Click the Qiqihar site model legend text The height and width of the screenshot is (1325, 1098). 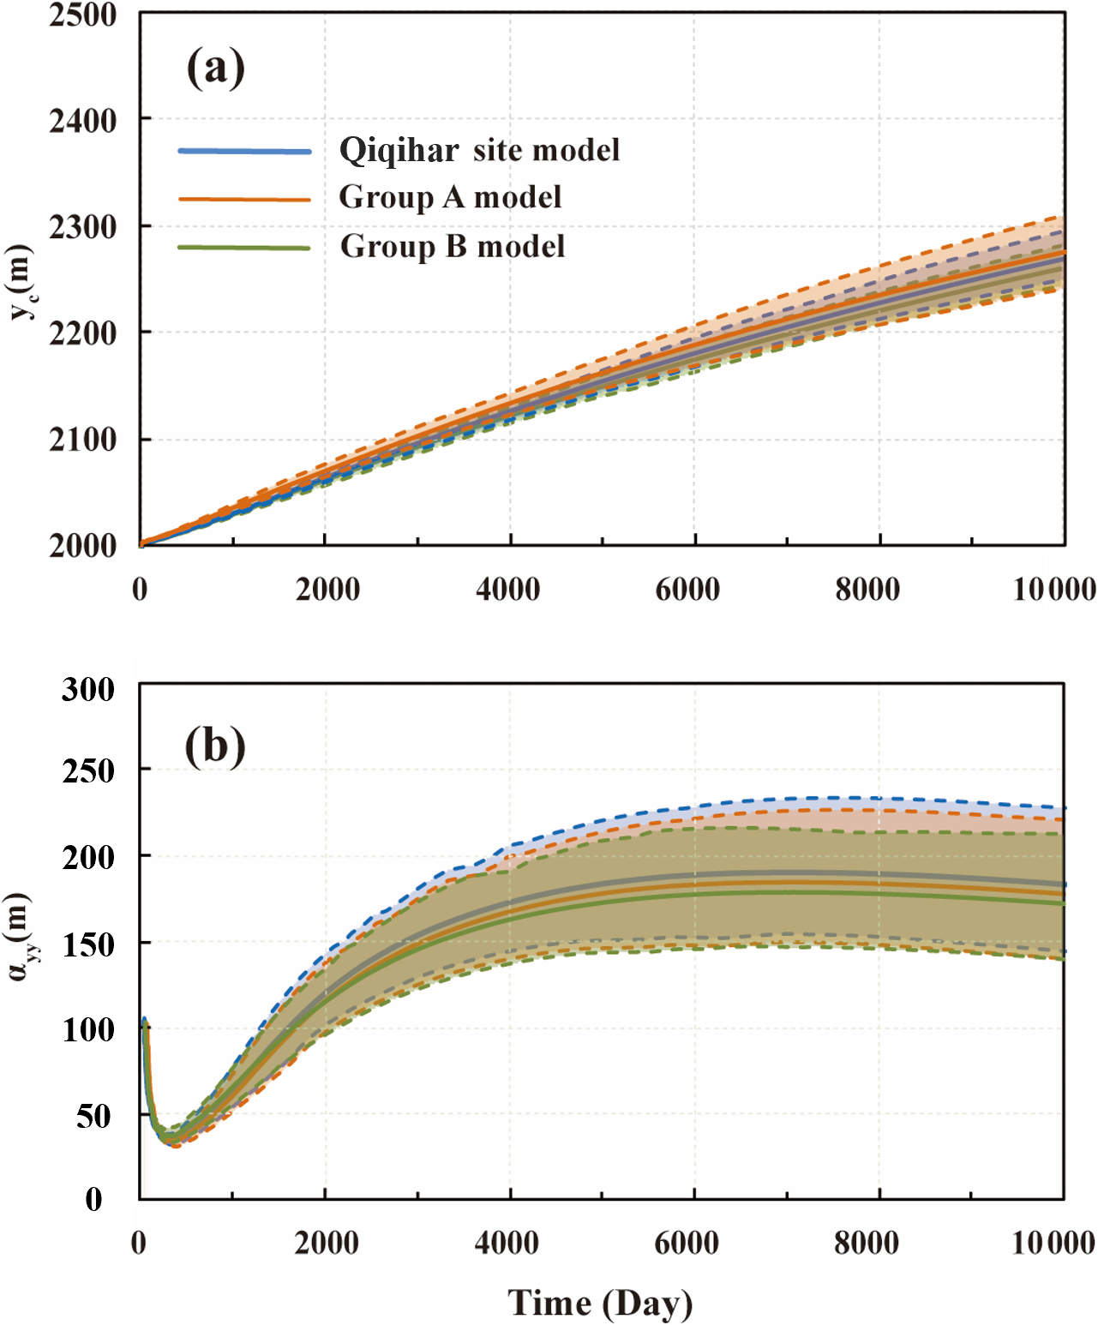pos(480,150)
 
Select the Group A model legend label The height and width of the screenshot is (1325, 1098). pos(450,197)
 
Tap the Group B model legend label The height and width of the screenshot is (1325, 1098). pos(452,246)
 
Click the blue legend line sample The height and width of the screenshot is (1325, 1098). pos(244,151)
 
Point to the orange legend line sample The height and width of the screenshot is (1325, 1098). pos(244,199)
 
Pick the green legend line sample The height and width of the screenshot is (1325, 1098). pos(244,247)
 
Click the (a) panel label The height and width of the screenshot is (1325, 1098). pos(216,68)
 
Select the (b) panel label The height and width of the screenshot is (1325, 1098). pos(215,746)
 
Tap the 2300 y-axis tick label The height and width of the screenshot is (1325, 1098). pos(82,226)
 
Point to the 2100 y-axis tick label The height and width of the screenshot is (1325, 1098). pos(82,439)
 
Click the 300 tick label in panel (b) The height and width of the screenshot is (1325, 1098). pos(88,689)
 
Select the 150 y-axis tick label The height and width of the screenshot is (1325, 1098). pos(88,944)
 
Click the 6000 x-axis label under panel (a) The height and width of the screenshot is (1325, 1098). pos(688,590)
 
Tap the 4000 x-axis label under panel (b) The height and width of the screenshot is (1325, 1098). pos(507,1243)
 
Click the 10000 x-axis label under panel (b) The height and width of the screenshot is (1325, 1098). pos(1053,1243)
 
